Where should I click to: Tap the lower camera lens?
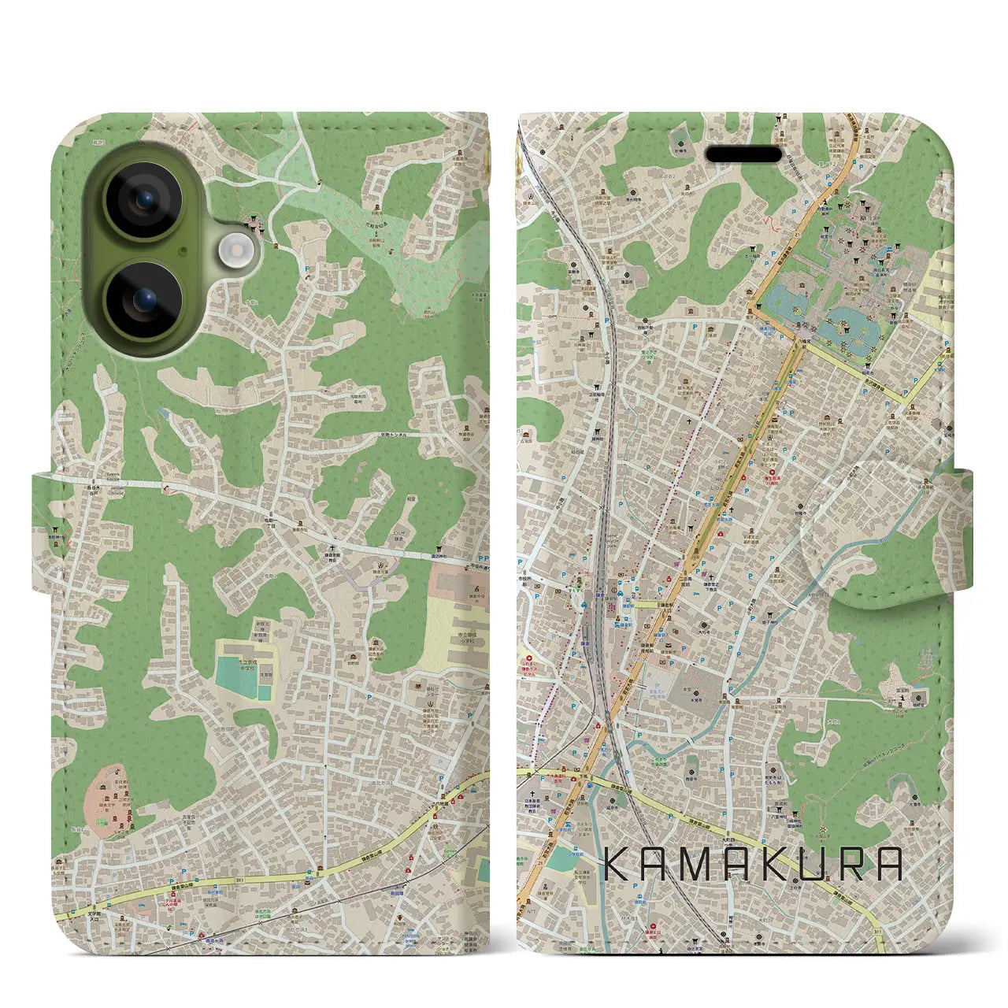tap(145, 299)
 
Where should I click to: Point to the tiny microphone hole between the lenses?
tap(183, 251)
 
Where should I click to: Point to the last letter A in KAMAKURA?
tap(888, 865)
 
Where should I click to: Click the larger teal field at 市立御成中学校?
tap(235, 671)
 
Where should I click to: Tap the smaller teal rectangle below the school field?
tap(265, 693)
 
